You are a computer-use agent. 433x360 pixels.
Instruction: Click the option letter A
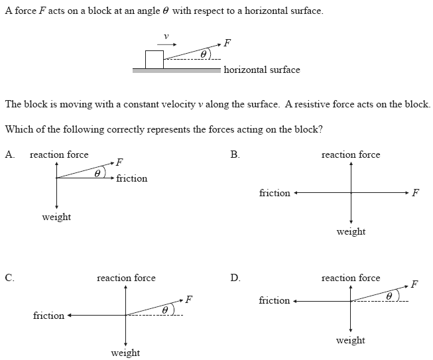9,154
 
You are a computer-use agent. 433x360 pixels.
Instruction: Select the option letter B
235,154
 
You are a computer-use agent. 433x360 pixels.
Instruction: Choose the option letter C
9,278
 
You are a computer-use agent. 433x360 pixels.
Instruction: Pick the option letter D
235,278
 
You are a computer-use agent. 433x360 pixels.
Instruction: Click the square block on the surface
154,59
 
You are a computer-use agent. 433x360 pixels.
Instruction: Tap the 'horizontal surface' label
262,70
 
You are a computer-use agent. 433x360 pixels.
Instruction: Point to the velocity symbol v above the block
166,36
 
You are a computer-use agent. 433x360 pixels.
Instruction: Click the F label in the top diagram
227,43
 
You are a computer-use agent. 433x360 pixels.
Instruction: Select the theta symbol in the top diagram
204,54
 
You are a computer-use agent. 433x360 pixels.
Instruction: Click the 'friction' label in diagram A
131,178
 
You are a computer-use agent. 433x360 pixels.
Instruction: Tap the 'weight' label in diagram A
56,217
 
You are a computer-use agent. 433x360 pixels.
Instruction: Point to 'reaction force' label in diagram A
59,154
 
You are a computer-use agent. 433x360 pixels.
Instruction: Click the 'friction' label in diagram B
275,193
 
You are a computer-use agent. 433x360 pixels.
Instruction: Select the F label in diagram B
415,193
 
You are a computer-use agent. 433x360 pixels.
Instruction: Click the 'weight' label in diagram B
351,231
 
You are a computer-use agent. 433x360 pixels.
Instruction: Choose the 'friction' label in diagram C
48,316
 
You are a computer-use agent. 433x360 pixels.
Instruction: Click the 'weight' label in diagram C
125,353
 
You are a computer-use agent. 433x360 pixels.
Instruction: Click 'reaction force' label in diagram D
351,278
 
